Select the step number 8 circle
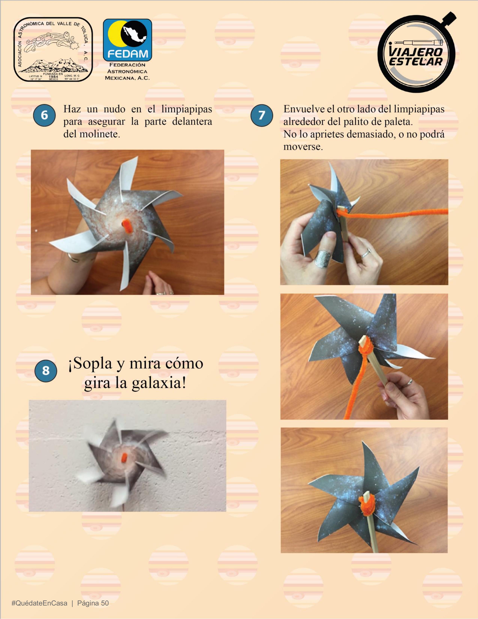(x=46, y=370)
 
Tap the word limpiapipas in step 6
(x=187, y=109)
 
